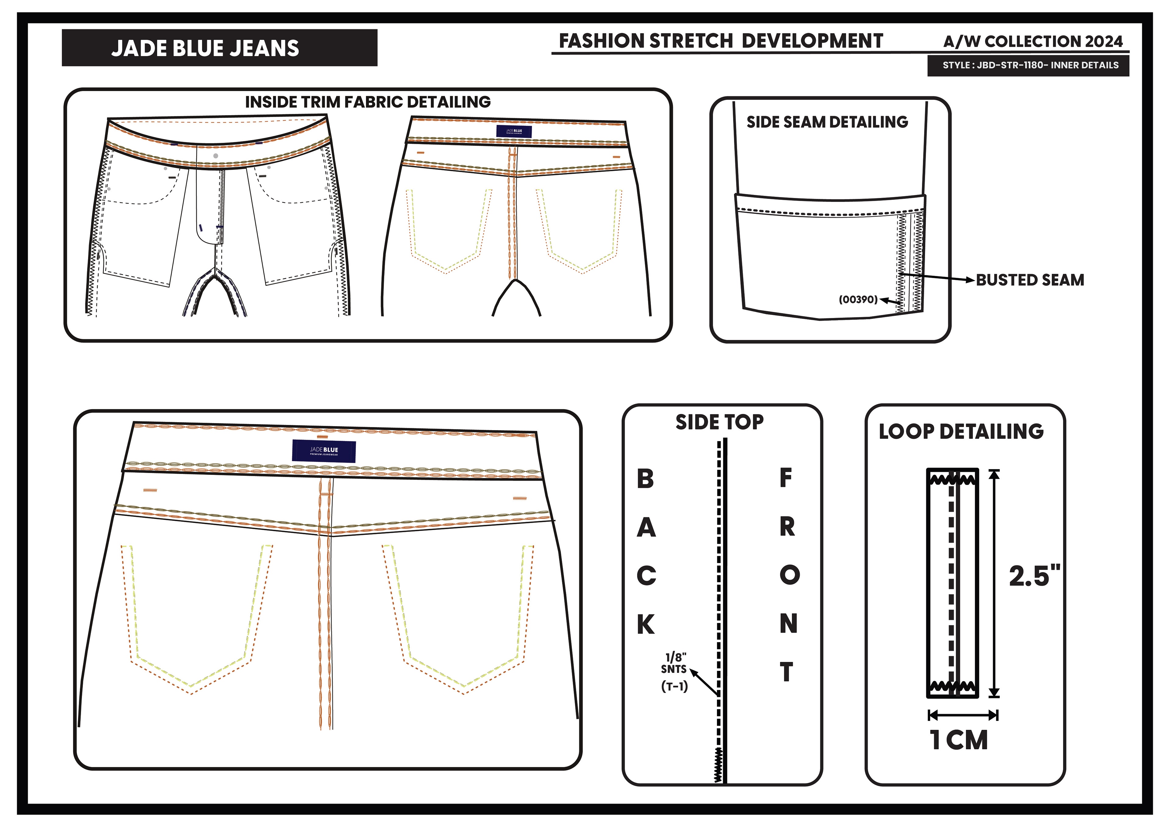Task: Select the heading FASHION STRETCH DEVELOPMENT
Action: point(721,41)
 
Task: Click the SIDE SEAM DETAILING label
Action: point(827,122)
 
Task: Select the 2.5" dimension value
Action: point(1033,576)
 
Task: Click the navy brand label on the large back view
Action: point(324,451)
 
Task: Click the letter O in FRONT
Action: point(789,575)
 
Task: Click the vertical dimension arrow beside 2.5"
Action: point(994,583)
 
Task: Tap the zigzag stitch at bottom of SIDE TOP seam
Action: point(718,764)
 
